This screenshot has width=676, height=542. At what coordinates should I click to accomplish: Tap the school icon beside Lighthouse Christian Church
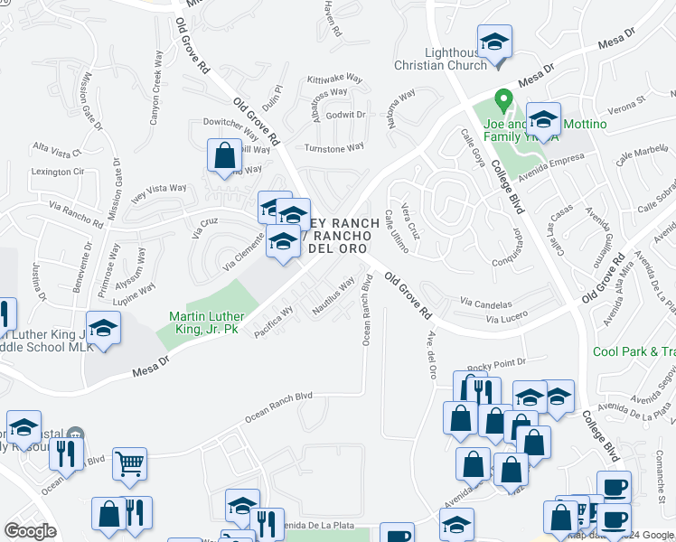(494, 42)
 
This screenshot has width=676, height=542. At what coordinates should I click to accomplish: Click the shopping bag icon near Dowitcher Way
(223, 155)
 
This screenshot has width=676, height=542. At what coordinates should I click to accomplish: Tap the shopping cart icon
(129, 464)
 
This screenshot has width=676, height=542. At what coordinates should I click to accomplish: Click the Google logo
(30, 531)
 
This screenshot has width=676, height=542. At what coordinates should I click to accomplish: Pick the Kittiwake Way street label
(333, 79)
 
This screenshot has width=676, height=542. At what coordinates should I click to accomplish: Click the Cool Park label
(633, 352)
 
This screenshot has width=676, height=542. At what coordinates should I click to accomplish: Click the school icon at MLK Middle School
(103, 328)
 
